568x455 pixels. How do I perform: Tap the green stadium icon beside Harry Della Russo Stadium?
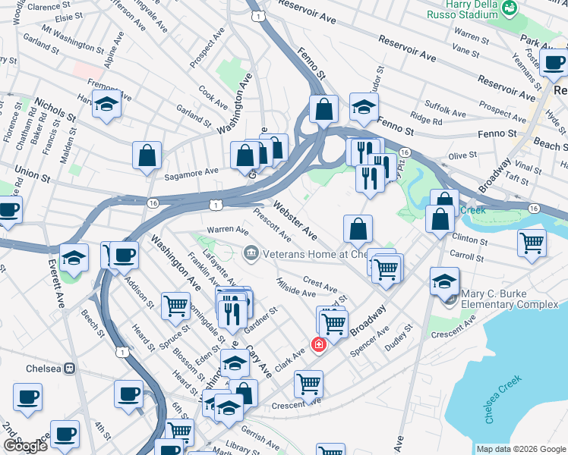coord(510,8)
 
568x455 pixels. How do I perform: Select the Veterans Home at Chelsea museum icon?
coord(249,253)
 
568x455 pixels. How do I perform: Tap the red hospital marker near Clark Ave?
coord(318,346)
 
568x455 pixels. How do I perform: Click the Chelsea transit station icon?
coord(69,369)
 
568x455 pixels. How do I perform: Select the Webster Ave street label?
coord(295,218)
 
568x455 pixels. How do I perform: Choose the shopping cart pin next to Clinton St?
coord(532,243)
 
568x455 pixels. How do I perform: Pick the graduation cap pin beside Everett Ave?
coord(74,257)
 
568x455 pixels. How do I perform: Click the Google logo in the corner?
coord(26,446)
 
